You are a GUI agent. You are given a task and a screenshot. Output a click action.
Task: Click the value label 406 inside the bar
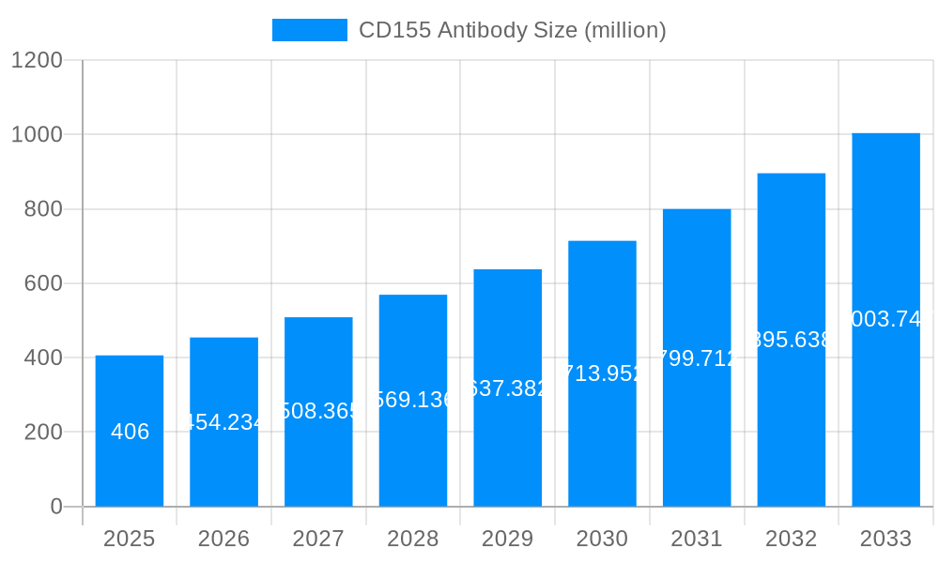tap(130, 432)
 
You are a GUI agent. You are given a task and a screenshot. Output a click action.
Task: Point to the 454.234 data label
tap(224, 422)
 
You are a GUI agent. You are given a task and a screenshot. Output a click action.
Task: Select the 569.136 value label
tap(413, 401)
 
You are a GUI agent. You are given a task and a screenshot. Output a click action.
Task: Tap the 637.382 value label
tap(508, 388)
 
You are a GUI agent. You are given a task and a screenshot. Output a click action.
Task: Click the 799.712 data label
tap(697, 358)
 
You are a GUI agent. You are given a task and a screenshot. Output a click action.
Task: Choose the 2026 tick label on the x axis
tap(224, 539)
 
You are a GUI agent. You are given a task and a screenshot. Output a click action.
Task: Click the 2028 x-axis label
tap(413, 539)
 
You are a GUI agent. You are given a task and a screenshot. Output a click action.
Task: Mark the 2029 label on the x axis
tap(508, 539)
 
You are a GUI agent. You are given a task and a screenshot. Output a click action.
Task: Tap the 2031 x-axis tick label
tap(697, 539)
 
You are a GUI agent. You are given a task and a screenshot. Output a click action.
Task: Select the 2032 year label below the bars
tap(792, 539)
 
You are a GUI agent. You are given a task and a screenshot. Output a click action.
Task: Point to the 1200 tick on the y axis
tap(37, 60)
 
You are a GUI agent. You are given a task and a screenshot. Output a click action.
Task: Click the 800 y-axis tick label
tap(43, 209)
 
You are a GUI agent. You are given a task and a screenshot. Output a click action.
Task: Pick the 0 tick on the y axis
tap(55, 507)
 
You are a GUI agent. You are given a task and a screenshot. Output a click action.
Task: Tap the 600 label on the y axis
tap(43, 283)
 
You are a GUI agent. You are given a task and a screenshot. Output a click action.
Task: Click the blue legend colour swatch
tap(310, 30)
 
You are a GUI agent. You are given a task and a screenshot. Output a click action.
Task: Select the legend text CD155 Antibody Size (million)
tap(513, 30)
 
